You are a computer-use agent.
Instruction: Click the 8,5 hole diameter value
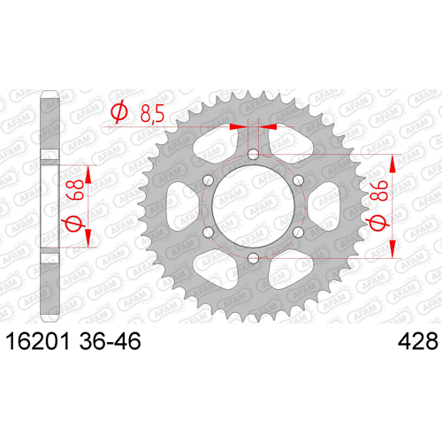152,114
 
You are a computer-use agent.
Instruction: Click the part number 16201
38,341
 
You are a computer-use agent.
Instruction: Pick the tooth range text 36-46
110,341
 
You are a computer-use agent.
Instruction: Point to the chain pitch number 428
418,341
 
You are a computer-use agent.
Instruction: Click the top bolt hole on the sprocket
253,154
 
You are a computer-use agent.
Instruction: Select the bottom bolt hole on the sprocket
253,259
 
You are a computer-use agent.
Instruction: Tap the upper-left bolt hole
208,180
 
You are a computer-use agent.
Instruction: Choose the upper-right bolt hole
298,180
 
